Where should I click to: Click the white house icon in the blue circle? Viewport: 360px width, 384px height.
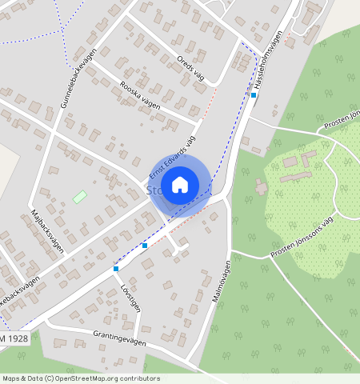[x=180, y=185]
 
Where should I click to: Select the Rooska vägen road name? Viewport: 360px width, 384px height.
[x=139, y=94]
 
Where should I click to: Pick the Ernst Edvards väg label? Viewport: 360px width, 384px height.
[x=172, y=157]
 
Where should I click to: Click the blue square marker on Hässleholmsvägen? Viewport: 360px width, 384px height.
[x=254, y=95]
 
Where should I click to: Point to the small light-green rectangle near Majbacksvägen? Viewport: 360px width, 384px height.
[x=79, y=196]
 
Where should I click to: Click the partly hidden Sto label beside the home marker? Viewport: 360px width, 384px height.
[x=153, y=190]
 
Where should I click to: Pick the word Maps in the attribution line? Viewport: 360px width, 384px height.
[x=12, y=378]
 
